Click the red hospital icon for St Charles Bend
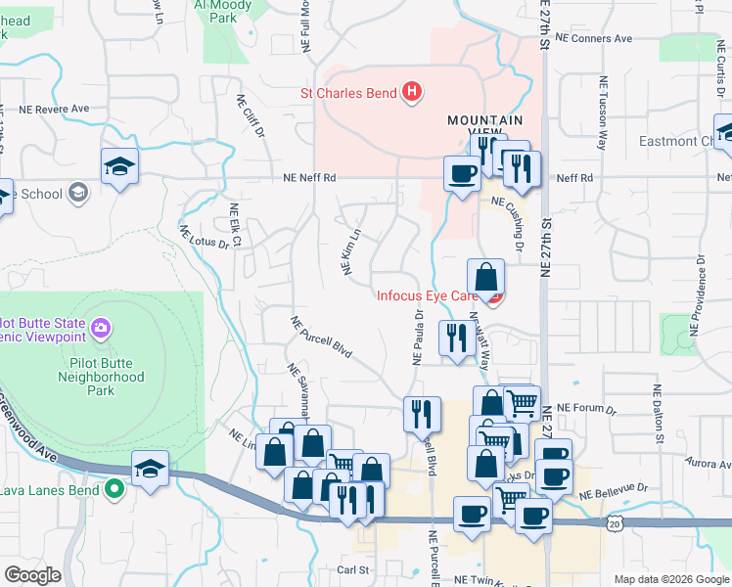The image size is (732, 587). pyautogui.click(x=412, y=93)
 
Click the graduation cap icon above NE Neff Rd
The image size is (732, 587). pyautogui.click(x=119, y=166)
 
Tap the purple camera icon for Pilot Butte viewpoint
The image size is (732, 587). pyautogui.click(x=100, y=326)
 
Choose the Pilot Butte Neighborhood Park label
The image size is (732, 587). pyautogui.click(x=100, y=376)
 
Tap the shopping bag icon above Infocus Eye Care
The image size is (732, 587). pyautogui.click(x=485, y=277)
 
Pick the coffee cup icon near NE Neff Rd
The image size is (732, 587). pyautogui.click(x=462, y=173)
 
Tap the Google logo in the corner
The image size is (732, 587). pyautogui.click(x=32, y=575)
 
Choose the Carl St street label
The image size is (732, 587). pyautogui.click(x=352, y=568)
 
